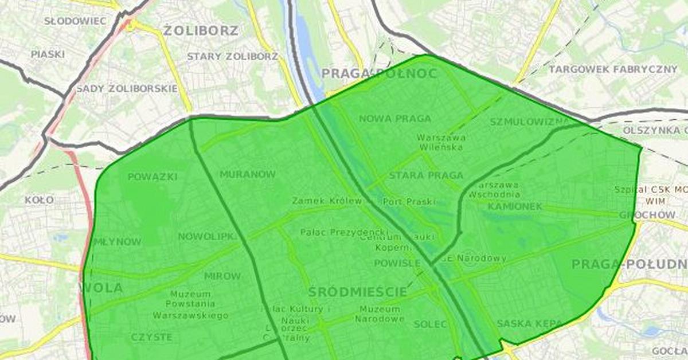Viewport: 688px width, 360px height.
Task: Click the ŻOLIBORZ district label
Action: (200, 30)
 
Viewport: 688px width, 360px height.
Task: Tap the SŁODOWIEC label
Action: (75, 21)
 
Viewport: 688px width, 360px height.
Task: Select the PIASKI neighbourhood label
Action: (48, 54)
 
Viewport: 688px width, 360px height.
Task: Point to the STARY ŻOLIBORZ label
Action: (232, 57)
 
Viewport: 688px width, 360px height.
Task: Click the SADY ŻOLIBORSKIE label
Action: (127, 89)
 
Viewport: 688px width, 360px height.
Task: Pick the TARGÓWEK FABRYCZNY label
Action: (613, 69)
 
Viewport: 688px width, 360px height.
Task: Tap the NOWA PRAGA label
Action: (394, 119)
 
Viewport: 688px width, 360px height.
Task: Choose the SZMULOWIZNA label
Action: (529, 122)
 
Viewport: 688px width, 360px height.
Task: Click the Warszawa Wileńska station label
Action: (441, 142)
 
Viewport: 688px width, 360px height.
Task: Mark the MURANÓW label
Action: (248, 174)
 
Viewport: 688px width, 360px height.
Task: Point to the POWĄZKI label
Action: (153, 177)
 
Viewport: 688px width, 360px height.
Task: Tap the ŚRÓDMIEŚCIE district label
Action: (358, 292)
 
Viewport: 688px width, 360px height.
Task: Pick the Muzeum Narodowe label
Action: (380, 314)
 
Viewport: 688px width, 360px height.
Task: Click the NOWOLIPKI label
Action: (207, 237)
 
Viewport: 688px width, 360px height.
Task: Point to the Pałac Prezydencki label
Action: (335, 232)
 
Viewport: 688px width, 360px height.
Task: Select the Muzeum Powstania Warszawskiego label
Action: (190, 305)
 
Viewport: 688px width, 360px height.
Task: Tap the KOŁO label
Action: (39, 200)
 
